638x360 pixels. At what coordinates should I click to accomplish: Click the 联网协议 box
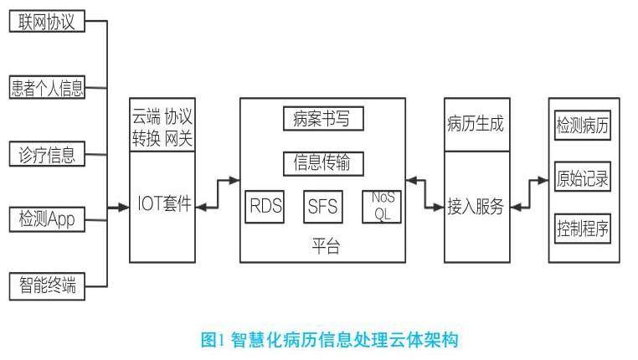(x=47, y=21)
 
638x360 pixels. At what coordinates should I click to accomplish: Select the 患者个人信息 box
(x=47, y=87)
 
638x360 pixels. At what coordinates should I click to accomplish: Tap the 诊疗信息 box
(x=47, y=154)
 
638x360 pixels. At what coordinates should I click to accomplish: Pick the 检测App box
(x=47, y=219)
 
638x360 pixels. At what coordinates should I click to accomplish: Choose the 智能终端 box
(x=47, y=285)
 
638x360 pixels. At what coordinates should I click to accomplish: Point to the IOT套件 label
(x=163, y=204)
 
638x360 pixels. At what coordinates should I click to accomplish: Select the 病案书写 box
(x=323, y=120)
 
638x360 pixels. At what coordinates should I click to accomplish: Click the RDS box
(x=265, y=206)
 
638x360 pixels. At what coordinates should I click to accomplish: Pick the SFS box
(x=323, y=206)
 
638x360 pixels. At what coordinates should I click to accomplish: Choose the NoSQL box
(x=382, y=206)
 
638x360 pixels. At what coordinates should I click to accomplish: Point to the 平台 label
(x=323, y=245)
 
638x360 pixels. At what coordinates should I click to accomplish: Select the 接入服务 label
(x=476, y=206)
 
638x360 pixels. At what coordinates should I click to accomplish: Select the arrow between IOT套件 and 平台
(x=218, y=192)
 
